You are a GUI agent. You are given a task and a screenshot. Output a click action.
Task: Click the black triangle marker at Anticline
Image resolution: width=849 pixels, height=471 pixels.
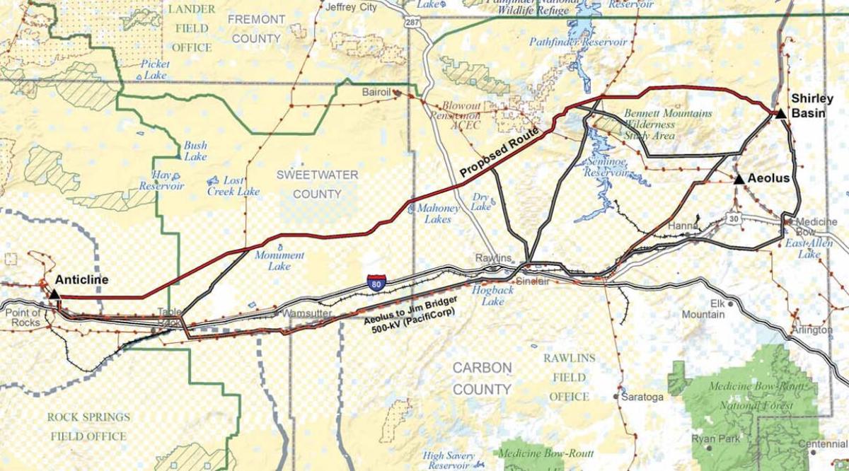tap(54, 293)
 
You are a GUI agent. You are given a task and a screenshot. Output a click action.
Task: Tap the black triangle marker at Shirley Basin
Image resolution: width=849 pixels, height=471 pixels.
tap(780, 113)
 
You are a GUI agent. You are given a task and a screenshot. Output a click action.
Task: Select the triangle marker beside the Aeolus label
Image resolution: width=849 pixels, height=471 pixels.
tap(739, 180)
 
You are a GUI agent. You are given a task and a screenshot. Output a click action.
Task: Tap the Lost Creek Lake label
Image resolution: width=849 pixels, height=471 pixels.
tap(233, 186)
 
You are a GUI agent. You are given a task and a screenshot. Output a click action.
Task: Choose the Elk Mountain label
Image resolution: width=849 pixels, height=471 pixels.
tap(703, 308)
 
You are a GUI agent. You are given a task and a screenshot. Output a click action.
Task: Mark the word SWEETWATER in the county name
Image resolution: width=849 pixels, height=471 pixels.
tap(317, 175)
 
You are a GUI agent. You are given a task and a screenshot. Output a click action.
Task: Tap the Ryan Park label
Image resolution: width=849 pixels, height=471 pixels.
tap(715, 439)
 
